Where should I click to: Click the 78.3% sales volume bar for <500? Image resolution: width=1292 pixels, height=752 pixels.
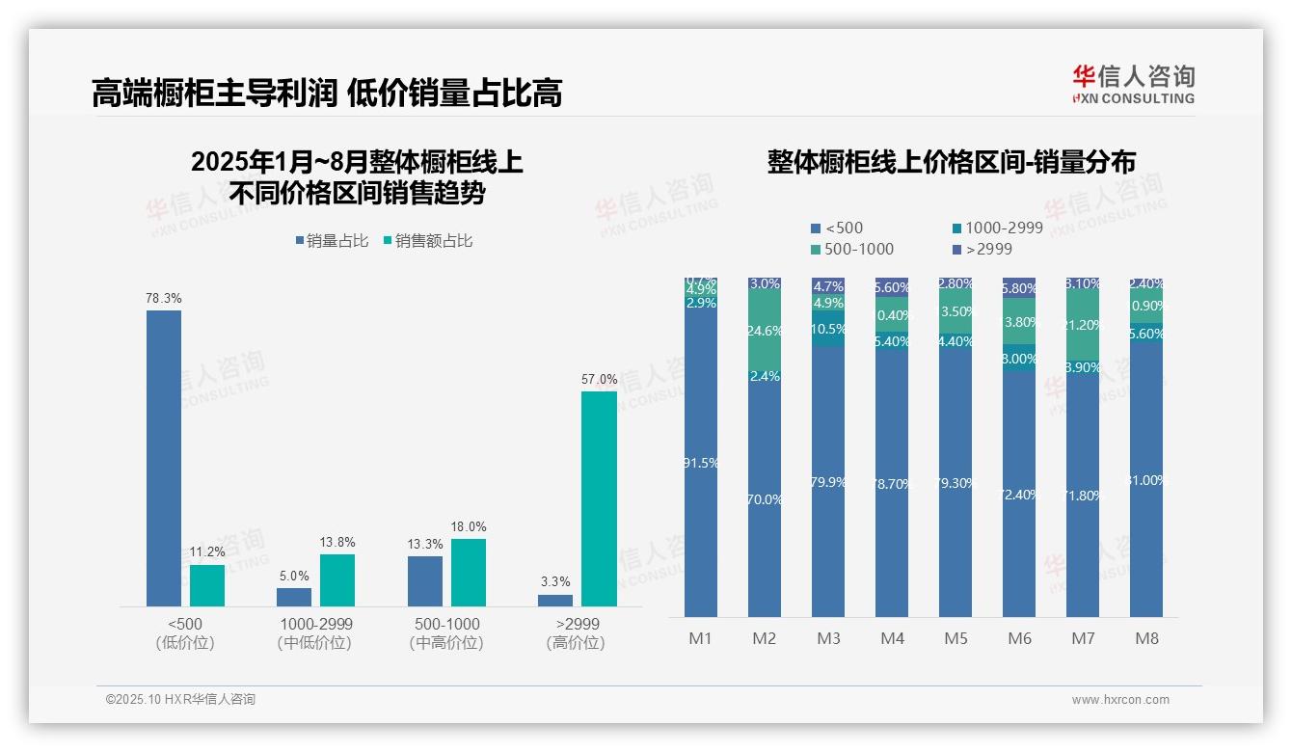[163, 458]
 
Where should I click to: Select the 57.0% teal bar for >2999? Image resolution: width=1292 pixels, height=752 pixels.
[599, 498]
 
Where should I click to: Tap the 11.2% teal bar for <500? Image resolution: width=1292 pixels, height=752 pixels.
[206, 585]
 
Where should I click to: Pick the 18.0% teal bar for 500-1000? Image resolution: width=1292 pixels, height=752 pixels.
[468, 572]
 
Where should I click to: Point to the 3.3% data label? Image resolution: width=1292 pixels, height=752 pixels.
[555, 581]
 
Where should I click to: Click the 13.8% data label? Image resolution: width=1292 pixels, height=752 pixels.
[336, 542]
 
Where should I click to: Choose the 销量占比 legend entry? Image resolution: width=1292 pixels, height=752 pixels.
[333, 241]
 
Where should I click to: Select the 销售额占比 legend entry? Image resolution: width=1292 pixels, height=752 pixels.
[428, 241]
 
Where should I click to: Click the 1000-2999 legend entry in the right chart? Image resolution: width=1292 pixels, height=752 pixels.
[997, 228]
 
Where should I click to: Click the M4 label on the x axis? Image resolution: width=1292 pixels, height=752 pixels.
[892, 638]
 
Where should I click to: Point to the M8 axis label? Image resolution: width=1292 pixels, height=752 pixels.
[1146, 638]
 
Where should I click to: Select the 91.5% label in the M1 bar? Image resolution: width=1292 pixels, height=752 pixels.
[701, 463]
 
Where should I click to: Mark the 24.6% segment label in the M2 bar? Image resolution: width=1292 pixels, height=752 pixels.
[765, 331]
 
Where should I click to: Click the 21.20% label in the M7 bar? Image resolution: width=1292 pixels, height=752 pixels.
[1083, 325]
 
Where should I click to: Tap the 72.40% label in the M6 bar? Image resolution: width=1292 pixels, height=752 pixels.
[1019, 495]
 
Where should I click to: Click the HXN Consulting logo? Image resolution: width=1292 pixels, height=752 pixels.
[1133, 85]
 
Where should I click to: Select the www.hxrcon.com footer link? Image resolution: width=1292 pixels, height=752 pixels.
[1120, 700]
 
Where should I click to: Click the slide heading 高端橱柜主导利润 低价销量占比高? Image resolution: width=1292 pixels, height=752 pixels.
[327, 93]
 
